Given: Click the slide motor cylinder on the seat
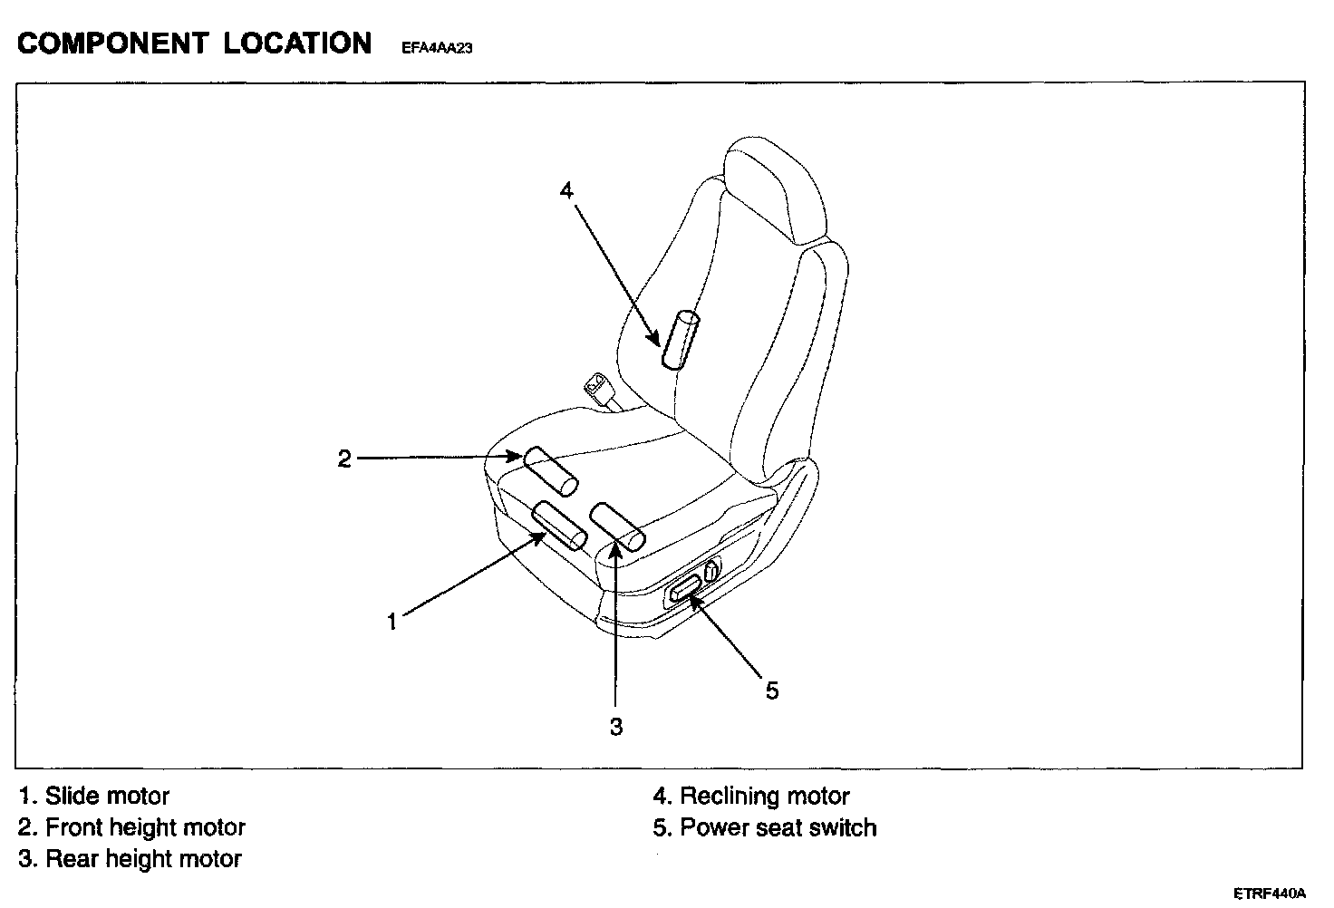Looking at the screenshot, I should point(559,526).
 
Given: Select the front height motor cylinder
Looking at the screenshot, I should point(551,470).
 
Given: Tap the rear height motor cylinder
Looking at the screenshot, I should point(617,527).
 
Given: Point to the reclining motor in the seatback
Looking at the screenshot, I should point(681,340).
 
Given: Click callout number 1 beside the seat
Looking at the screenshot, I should point(391,623).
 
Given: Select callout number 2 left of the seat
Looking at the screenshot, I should point(344,459).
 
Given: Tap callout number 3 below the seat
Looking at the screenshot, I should point(616,727).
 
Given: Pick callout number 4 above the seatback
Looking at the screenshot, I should point(566,190).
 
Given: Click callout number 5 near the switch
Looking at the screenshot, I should point(771,691).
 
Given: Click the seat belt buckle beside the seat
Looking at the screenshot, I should point(598,387).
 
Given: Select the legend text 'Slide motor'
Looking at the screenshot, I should point(107,797).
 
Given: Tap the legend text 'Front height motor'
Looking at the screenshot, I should point(145,827).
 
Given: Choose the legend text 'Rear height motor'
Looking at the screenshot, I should point(143,859).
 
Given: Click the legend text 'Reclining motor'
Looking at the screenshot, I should point(764,797).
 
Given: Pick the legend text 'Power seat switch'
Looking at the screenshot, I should point(778,827).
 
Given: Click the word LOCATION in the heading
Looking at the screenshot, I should point(297,43).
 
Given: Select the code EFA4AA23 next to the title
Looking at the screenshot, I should point(437,49).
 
